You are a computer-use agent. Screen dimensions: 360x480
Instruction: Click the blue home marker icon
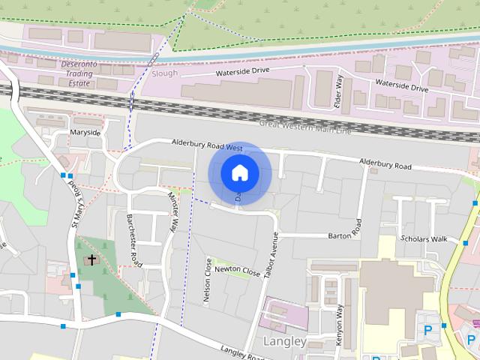click(239, 173)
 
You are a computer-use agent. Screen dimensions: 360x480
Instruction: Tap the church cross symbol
click(92, 260)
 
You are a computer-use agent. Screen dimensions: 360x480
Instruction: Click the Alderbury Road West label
click(206, 144)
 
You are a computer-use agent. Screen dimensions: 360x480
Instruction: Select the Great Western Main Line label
click(304, 127)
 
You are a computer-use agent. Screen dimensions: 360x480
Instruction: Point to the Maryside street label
click(85, 132)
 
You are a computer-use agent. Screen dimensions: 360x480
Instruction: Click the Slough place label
click(165, 73)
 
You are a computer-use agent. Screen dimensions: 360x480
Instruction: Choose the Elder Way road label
click(338, 91)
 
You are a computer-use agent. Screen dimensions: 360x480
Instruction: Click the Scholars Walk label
click(424, 238)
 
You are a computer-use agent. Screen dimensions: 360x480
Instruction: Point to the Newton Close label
click(237, 270)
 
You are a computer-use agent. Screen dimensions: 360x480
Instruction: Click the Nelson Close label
click(208, 280)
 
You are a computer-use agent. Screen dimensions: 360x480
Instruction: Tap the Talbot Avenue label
click(273, 255)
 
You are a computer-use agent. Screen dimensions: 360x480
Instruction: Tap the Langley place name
click(286, 341)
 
